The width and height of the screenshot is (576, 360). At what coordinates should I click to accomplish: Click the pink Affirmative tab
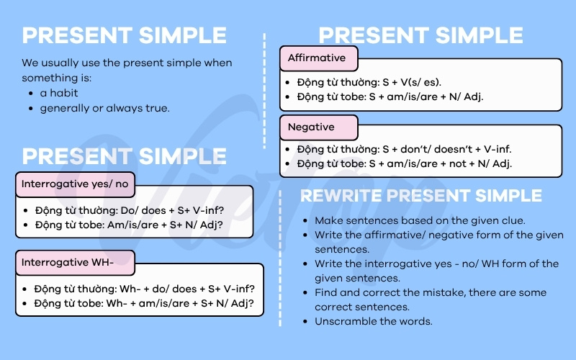[318, 58]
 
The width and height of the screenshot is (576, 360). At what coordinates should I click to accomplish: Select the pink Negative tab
[318, 127]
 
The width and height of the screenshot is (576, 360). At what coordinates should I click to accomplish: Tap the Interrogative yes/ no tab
[75, 184]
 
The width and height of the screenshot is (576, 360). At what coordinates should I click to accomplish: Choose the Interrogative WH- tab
[75, 263]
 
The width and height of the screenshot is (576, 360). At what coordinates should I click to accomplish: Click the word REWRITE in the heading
[340, 195]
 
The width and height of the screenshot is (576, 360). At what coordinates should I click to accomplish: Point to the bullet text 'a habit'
[59, 93]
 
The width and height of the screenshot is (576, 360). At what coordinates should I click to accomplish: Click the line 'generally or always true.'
[104, 109]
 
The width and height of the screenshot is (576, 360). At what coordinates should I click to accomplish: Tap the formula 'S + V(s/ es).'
[411, 82]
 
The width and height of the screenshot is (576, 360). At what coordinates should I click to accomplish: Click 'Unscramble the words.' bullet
[373, 321]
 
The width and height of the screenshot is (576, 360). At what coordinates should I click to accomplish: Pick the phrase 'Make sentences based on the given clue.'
[420, 220]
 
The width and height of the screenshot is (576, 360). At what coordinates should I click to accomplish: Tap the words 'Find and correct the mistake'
[390, 292]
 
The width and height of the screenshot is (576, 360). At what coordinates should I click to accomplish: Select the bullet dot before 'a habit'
[31, 94]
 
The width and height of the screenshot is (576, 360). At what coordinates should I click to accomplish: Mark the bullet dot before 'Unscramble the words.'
[305, 322]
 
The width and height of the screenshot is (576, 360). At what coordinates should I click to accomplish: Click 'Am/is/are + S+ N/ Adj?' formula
[165, 225]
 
